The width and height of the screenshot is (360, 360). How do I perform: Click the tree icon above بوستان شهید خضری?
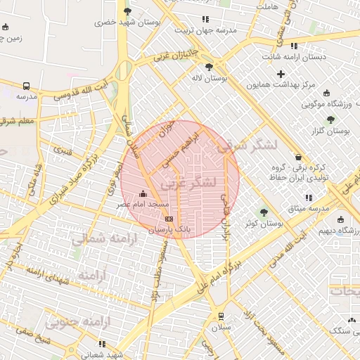127,11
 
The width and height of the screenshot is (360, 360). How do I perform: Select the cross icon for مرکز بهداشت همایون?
281,74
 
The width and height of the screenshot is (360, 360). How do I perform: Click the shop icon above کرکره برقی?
300,157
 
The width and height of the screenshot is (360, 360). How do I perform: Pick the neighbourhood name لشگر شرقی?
248,145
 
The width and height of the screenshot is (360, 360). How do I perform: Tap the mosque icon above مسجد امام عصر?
144,193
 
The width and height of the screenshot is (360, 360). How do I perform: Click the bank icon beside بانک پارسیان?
169,219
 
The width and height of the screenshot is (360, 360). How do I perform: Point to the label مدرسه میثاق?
309,209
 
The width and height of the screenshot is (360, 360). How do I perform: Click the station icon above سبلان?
221,316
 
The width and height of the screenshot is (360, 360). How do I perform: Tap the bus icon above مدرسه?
26,83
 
